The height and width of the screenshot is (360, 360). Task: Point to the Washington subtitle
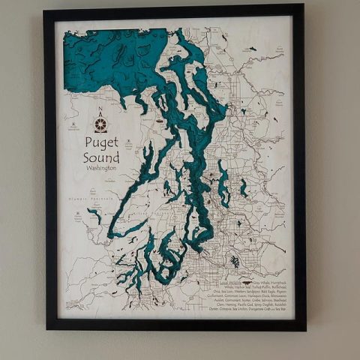click(x=101, y=169)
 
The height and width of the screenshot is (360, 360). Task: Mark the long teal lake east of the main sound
click(x=223, y=184)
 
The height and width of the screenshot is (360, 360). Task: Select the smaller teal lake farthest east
click(x=244, y=188)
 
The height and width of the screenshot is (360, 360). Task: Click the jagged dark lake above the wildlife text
click(x=235, y=262)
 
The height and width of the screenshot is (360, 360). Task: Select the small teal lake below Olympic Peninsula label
click(x=95, y=217)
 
